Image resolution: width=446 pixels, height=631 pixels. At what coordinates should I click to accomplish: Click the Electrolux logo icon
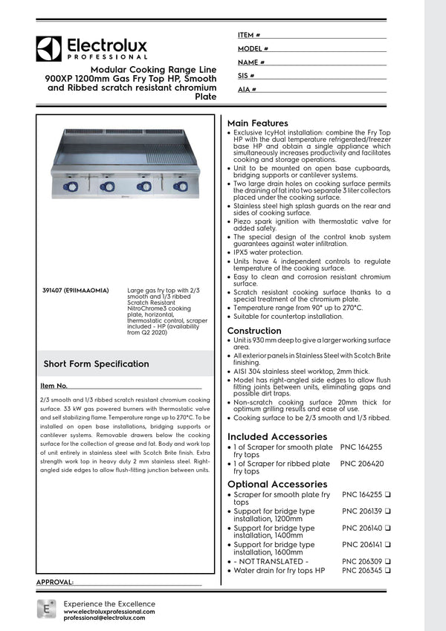[48, 49]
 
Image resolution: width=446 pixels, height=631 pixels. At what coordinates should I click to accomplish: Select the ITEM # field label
[249, 35]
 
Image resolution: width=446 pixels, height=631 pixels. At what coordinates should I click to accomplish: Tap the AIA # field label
[248, 89]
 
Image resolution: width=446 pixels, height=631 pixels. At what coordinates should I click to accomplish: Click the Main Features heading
[257, 123]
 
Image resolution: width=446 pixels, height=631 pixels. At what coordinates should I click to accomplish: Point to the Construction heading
[254, 331]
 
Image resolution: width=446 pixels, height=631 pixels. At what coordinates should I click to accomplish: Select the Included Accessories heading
[277, 436]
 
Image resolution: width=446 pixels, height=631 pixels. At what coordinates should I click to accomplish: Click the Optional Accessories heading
[277, 484]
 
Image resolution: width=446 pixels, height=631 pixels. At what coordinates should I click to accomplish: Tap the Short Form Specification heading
[96, 363]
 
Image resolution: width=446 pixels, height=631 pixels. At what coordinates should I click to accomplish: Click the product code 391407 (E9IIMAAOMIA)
[77, 290]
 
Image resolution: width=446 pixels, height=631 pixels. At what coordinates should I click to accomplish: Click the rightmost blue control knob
[179, 186]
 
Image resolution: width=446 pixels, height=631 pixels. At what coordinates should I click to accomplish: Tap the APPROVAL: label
[55, 582]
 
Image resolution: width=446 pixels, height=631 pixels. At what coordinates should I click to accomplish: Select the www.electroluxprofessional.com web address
[109, 611]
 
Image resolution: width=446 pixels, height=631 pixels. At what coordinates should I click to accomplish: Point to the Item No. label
[54, 386]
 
